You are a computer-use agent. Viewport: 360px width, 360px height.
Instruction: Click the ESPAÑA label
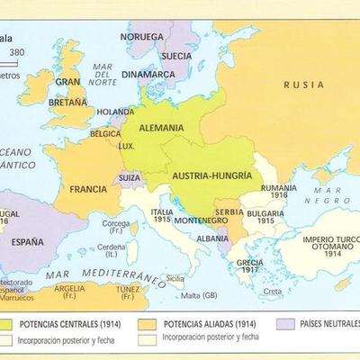pyautogui.click(x=27, y=241)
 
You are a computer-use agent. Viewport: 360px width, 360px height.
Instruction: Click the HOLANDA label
pyautogui.click(x=115, y=112)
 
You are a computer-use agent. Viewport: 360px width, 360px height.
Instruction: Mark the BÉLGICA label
pyautogui.click(x=104, y=133)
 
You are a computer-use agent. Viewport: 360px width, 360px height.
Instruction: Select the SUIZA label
pyautogui.click(x=130, y=178)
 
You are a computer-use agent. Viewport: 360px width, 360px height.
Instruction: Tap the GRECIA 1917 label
pyautogui.click(x=249, y=266)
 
